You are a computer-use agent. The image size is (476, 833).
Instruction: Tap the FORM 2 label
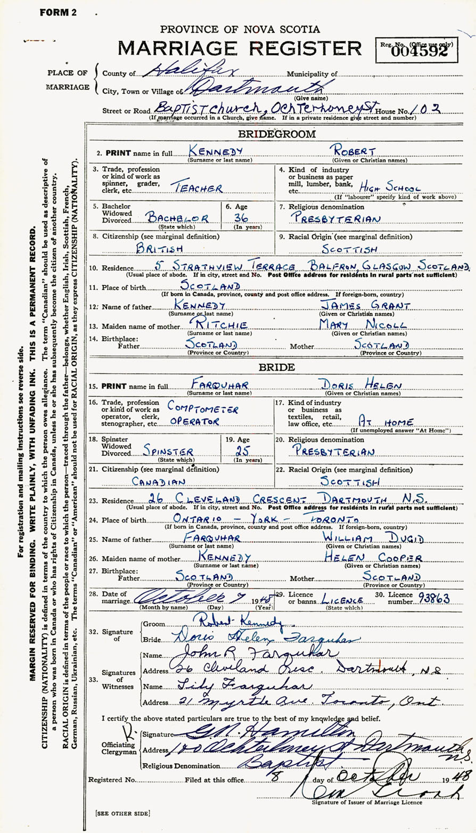click(58, 12)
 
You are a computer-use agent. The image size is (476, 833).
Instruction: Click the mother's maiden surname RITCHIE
click(205, 324)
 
